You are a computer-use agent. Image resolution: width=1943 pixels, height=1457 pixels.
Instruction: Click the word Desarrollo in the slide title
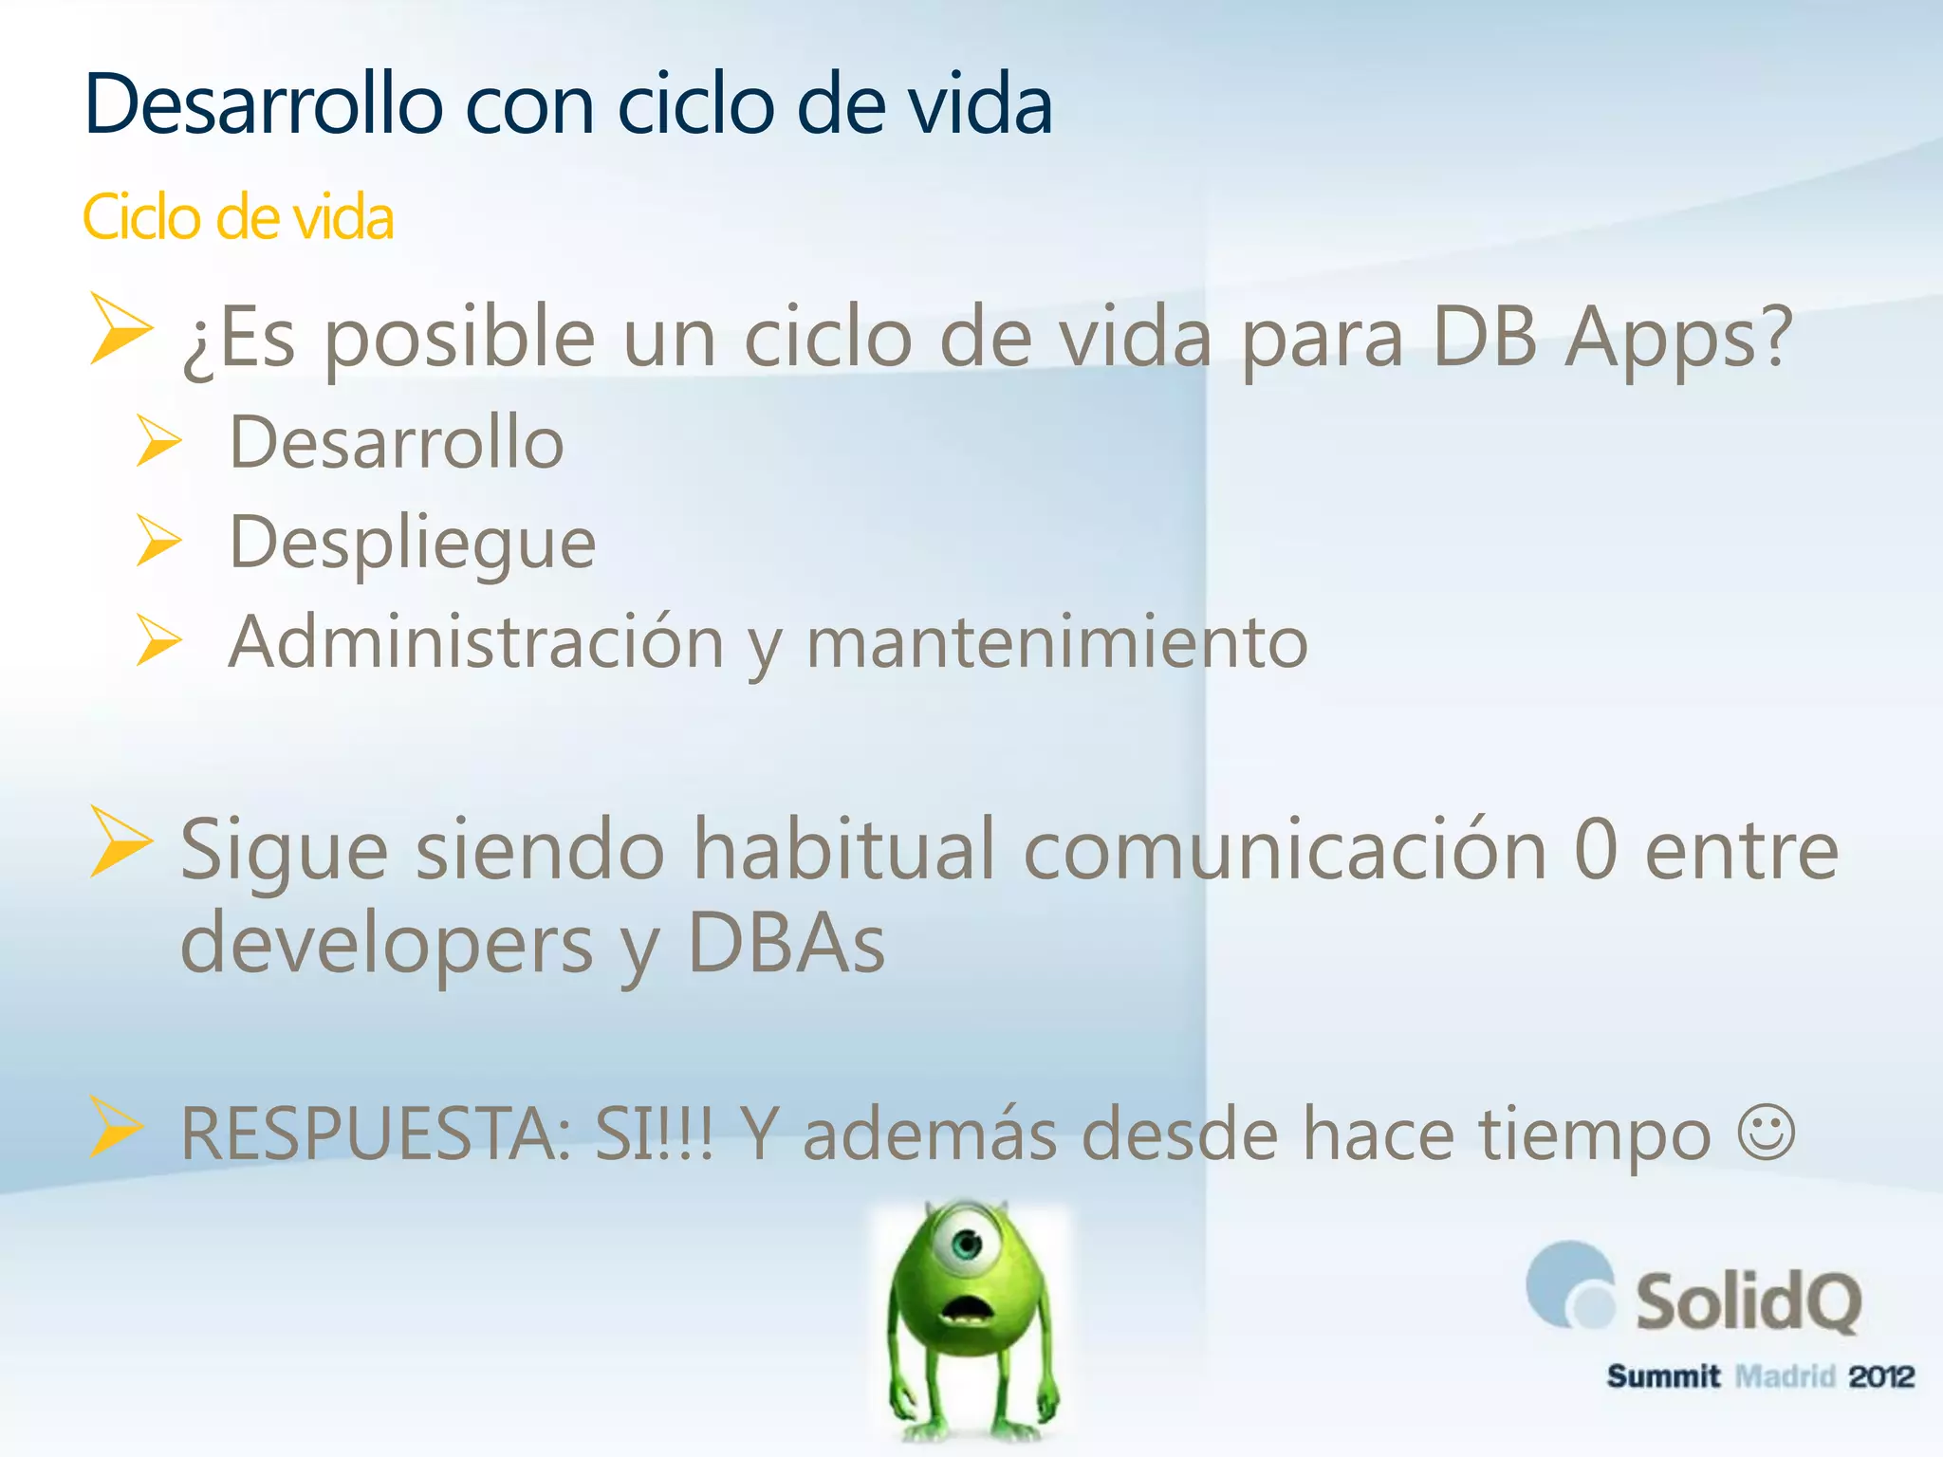tap(263, 104)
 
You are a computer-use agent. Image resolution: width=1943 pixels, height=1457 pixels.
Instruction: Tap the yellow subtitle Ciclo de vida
tap(237, 217)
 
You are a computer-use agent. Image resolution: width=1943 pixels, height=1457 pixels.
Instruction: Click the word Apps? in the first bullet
tap(1678, 338)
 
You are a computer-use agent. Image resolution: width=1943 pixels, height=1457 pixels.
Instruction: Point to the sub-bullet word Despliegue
tap(413, 544)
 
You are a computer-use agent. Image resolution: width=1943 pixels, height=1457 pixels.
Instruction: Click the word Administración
tap(477, 642)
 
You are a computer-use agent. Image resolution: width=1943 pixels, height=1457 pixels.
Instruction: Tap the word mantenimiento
tap(1057, 642)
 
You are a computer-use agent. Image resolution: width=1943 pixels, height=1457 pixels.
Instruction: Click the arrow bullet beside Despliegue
tap(157, 540)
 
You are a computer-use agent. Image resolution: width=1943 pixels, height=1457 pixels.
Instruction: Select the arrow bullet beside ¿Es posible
tap(120, 328)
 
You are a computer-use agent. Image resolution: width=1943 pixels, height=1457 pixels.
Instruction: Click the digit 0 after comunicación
tap(1596, 850)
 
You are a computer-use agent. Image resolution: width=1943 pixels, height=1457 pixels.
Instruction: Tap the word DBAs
tap(786, 943)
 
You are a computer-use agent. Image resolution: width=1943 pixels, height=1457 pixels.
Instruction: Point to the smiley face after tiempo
tap(1767, 1132)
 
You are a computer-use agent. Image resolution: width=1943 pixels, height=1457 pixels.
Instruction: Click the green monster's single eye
tap(966, 1244)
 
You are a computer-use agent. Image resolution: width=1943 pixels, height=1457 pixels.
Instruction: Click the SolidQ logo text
tap(1748, 1301)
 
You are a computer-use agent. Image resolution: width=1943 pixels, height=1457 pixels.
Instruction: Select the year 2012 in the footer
tap(1881, 1376)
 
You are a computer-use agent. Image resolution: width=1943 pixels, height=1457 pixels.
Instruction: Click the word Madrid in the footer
tap(1785, 1376)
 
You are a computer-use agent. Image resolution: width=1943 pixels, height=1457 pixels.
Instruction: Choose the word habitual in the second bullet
tap(844, 850)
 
